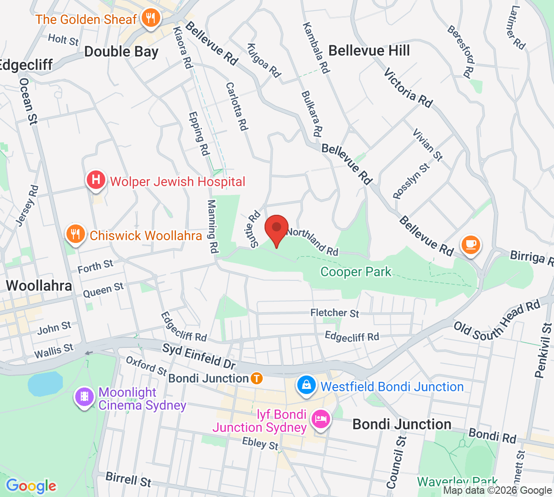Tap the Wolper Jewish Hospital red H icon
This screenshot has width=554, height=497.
click(96, 179)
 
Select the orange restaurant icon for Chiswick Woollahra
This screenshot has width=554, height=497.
click(75, 234)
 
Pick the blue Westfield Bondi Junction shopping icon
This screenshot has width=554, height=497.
click(306, 385)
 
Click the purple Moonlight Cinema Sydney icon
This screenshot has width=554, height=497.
click(84, 397)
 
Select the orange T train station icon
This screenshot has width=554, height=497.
click(257, 379)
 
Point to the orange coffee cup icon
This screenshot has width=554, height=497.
click(470, 244)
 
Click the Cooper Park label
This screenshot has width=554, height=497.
click(355, 272)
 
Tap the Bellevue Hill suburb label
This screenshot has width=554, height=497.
click(369, 50)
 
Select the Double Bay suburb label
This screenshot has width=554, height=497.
click(121, 52)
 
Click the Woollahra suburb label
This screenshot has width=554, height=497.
click(39, 285)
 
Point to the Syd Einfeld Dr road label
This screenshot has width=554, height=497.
click(199, 356)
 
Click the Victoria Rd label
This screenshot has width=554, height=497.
click(408, 88)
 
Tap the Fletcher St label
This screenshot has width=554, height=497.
click(334, 313)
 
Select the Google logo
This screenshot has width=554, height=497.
click(31, 486)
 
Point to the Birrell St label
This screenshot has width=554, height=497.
click(128, 479)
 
